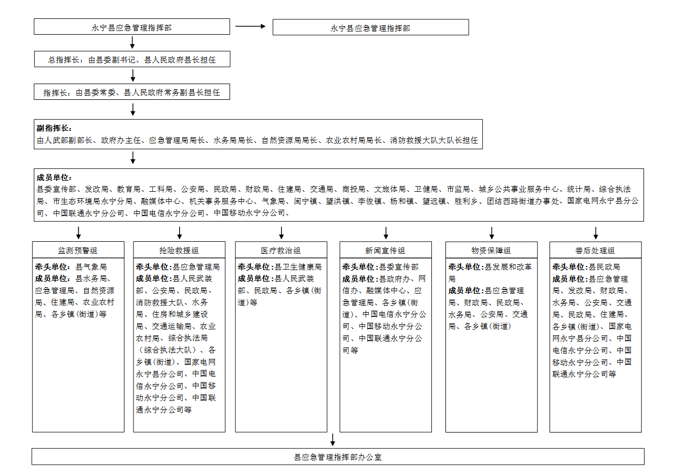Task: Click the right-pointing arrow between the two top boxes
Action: point(250,26)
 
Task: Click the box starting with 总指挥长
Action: point(132,59)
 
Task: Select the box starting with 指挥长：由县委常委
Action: point(132,92)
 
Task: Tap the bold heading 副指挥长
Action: point(54,128)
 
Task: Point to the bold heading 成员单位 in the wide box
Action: point(54,178)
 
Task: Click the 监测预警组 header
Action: point(78,250)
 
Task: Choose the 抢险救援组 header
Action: point(179,250)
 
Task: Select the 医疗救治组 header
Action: point(281,250)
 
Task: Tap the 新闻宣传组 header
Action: point(386,250)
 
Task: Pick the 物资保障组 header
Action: point(492,250)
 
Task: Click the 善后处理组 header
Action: point(596,250)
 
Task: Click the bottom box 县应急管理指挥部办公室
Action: point(338,457)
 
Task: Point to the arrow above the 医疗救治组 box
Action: point(281,233)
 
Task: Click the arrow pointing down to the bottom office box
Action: point(333,440)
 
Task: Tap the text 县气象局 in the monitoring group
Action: point(91,267)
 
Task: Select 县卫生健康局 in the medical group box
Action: point(298,267)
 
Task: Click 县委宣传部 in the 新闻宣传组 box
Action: point(399,267)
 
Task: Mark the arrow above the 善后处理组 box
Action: point(596,233)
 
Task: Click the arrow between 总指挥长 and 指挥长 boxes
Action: point(133,76)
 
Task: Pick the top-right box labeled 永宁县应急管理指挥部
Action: point(371,27)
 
